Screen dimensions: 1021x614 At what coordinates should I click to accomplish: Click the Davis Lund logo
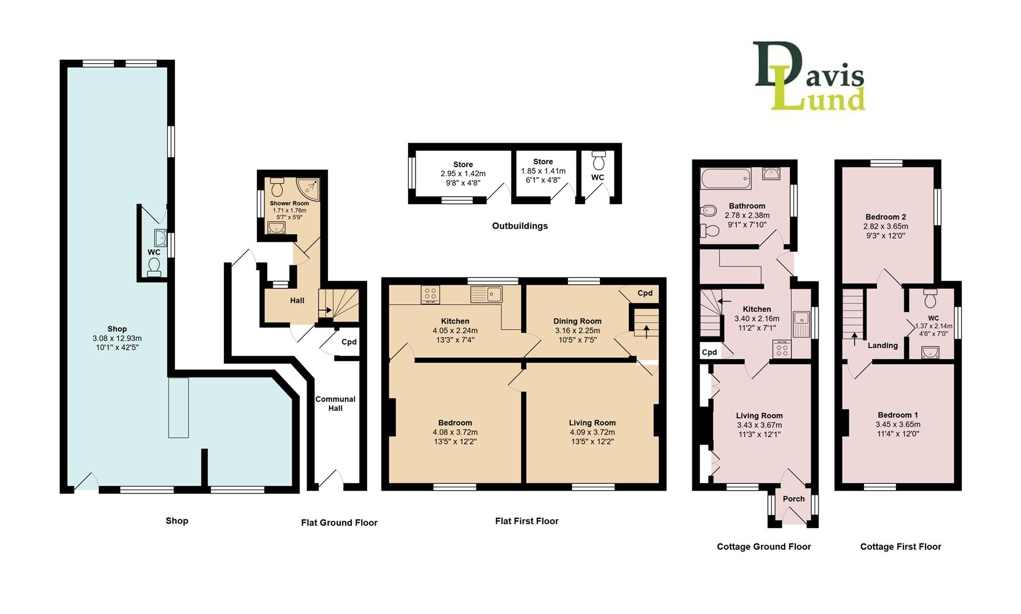point(809,76)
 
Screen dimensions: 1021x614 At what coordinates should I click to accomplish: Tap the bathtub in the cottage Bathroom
point(726,179)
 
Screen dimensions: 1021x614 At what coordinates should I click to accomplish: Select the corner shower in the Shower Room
point(308,186)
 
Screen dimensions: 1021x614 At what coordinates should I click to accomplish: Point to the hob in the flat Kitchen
point(430,294)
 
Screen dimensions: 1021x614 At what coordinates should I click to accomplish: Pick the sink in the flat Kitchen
point(486,294)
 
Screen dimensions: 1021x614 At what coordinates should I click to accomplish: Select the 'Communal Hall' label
point(335,404)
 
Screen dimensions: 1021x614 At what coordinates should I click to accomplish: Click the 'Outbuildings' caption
point(520,226)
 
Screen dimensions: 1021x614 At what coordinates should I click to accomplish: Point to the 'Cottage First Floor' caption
point(900,546)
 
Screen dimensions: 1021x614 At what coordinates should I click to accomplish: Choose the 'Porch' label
point(794,499)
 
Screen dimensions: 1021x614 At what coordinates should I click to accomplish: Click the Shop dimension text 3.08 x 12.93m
point(117,338)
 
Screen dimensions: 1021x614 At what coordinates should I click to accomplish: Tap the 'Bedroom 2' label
point(886,217)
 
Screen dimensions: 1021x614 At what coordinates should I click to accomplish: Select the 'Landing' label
point(883,345)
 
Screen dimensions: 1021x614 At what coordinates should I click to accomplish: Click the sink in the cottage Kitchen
point(801,324)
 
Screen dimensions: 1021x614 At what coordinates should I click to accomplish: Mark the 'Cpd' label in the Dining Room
point(645,293)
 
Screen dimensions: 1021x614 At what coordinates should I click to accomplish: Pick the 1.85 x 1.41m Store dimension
point(543,171)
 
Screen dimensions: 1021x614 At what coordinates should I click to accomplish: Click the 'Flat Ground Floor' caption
point(339,522)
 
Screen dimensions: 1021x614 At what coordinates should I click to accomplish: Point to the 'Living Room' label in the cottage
point(759,416)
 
